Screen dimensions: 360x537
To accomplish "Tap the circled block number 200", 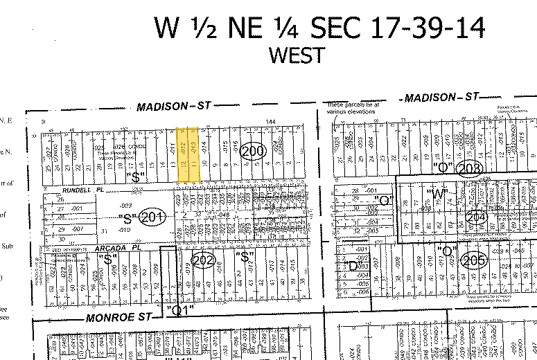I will pyautogui.click(x=254, y=152).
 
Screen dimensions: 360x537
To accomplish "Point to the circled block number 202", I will pyautogui.click(x=202, y=261).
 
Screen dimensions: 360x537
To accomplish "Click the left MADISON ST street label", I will pyautogui.click(x=173, y=106).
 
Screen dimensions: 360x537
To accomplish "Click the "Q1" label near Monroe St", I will pyautogui.click(x=179, y=309).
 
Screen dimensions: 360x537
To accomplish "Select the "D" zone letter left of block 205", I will pyautogui.click(x=352, y=264).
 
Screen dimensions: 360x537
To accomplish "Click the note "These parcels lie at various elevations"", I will pyautogui.click(x=353, y=106).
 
